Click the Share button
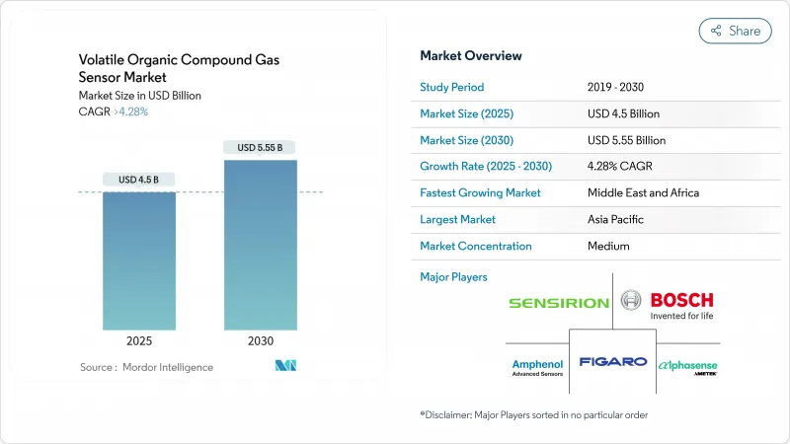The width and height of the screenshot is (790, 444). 735,31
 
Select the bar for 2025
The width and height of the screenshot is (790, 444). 139,260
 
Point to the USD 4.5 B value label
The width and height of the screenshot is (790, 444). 139,180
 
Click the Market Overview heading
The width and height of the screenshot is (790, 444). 471,56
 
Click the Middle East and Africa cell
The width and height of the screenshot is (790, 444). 643,193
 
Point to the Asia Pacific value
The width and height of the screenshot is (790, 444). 616,220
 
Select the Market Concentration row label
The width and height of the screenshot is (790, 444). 476,247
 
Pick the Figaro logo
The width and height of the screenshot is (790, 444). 612,362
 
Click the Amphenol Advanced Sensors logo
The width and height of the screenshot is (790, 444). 539,364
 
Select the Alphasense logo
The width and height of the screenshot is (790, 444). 687,364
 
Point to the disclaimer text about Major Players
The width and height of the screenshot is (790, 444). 534,414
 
